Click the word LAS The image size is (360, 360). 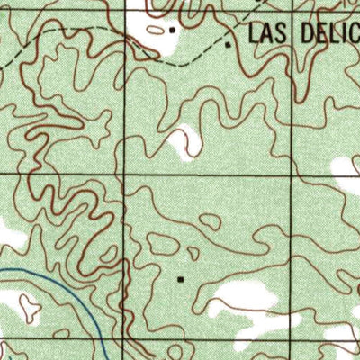click(267, 34)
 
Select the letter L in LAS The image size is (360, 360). click(254, 34)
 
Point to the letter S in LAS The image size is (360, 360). click(281, 34)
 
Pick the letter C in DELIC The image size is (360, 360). click(353, 34)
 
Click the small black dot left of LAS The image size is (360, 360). click(229, 42)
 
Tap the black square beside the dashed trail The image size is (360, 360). click(173, 29)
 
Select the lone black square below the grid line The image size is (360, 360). click(180, 279)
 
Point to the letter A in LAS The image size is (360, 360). click(267, 34)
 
